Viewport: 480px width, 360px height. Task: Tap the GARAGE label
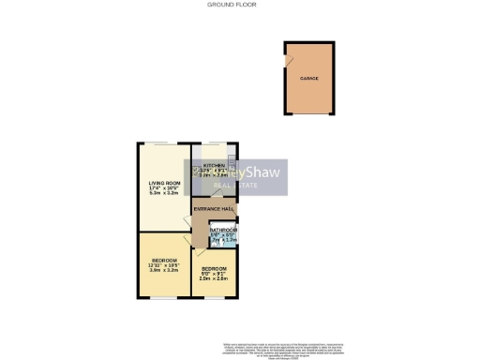[308, 79]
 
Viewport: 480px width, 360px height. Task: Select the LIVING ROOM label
[164, 183]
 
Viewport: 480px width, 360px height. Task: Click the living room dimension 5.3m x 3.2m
[164, 195]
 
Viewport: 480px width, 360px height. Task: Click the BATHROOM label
[223, 230]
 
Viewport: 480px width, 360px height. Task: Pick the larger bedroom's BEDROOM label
[164, 259]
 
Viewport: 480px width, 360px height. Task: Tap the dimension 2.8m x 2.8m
[214, 278]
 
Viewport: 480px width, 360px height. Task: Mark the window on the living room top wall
[164, 142]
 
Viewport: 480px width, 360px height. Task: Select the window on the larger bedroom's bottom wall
[164, 297]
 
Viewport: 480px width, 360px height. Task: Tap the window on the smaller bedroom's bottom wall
[214, 297]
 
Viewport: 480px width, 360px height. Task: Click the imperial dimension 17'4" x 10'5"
[164, 189]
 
